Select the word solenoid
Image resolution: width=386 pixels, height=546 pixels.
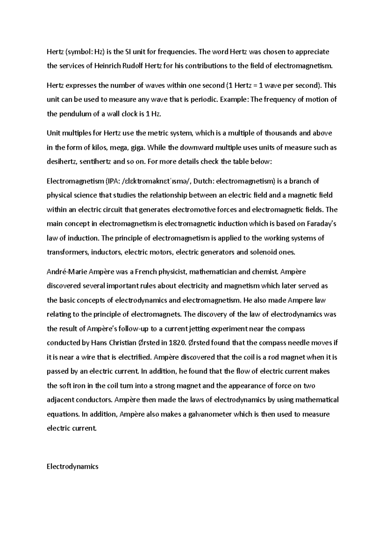[265, 252]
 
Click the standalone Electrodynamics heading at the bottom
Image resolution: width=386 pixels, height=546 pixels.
[72, 466]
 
